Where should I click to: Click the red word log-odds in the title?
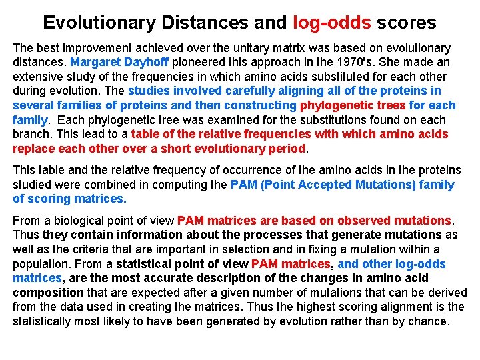click(331, 23)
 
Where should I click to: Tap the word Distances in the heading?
click(207, 23)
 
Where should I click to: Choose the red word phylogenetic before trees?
click(335, 105)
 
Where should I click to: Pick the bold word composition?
click(48, 293)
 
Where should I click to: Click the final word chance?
click(429, 321)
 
